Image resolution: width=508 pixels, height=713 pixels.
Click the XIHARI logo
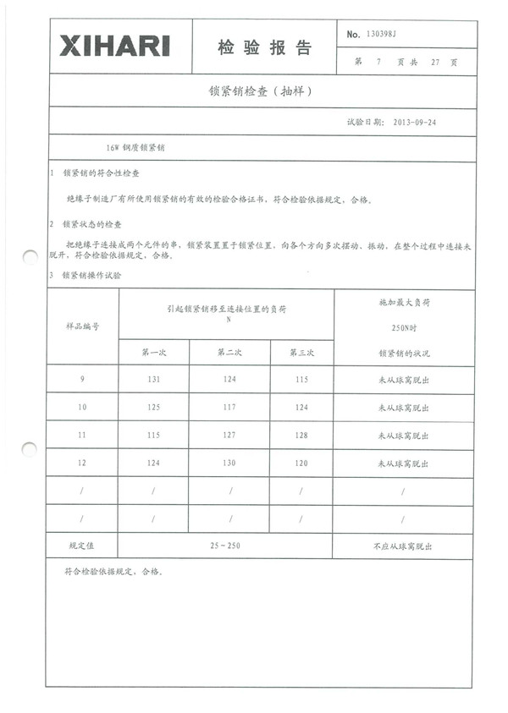(114, 45)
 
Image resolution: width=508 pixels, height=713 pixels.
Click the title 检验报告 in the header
(264, 48)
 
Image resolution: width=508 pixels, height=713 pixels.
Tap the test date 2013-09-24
(416, 122)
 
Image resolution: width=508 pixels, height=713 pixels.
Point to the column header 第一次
(154, 353)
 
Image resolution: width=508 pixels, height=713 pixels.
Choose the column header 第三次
(302, 353)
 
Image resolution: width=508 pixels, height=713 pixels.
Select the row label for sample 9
(82, 379)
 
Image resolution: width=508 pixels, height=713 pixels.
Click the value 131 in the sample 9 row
(154, 379)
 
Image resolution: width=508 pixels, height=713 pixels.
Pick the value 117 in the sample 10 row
(230, 408)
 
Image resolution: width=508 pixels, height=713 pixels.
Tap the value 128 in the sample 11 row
(302, 436)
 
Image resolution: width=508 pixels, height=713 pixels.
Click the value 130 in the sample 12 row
(230, 463)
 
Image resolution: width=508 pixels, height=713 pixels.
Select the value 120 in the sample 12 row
(302, 463)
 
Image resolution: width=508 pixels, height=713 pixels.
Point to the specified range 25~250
(225, 546)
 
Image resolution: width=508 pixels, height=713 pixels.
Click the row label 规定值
(82, 546)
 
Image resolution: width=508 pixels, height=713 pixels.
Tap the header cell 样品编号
(82, 326)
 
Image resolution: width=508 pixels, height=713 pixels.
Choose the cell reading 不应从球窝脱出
(403, 546)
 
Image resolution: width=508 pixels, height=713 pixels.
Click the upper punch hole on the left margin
(29, 255)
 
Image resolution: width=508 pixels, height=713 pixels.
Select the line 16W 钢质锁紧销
(135, 147)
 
